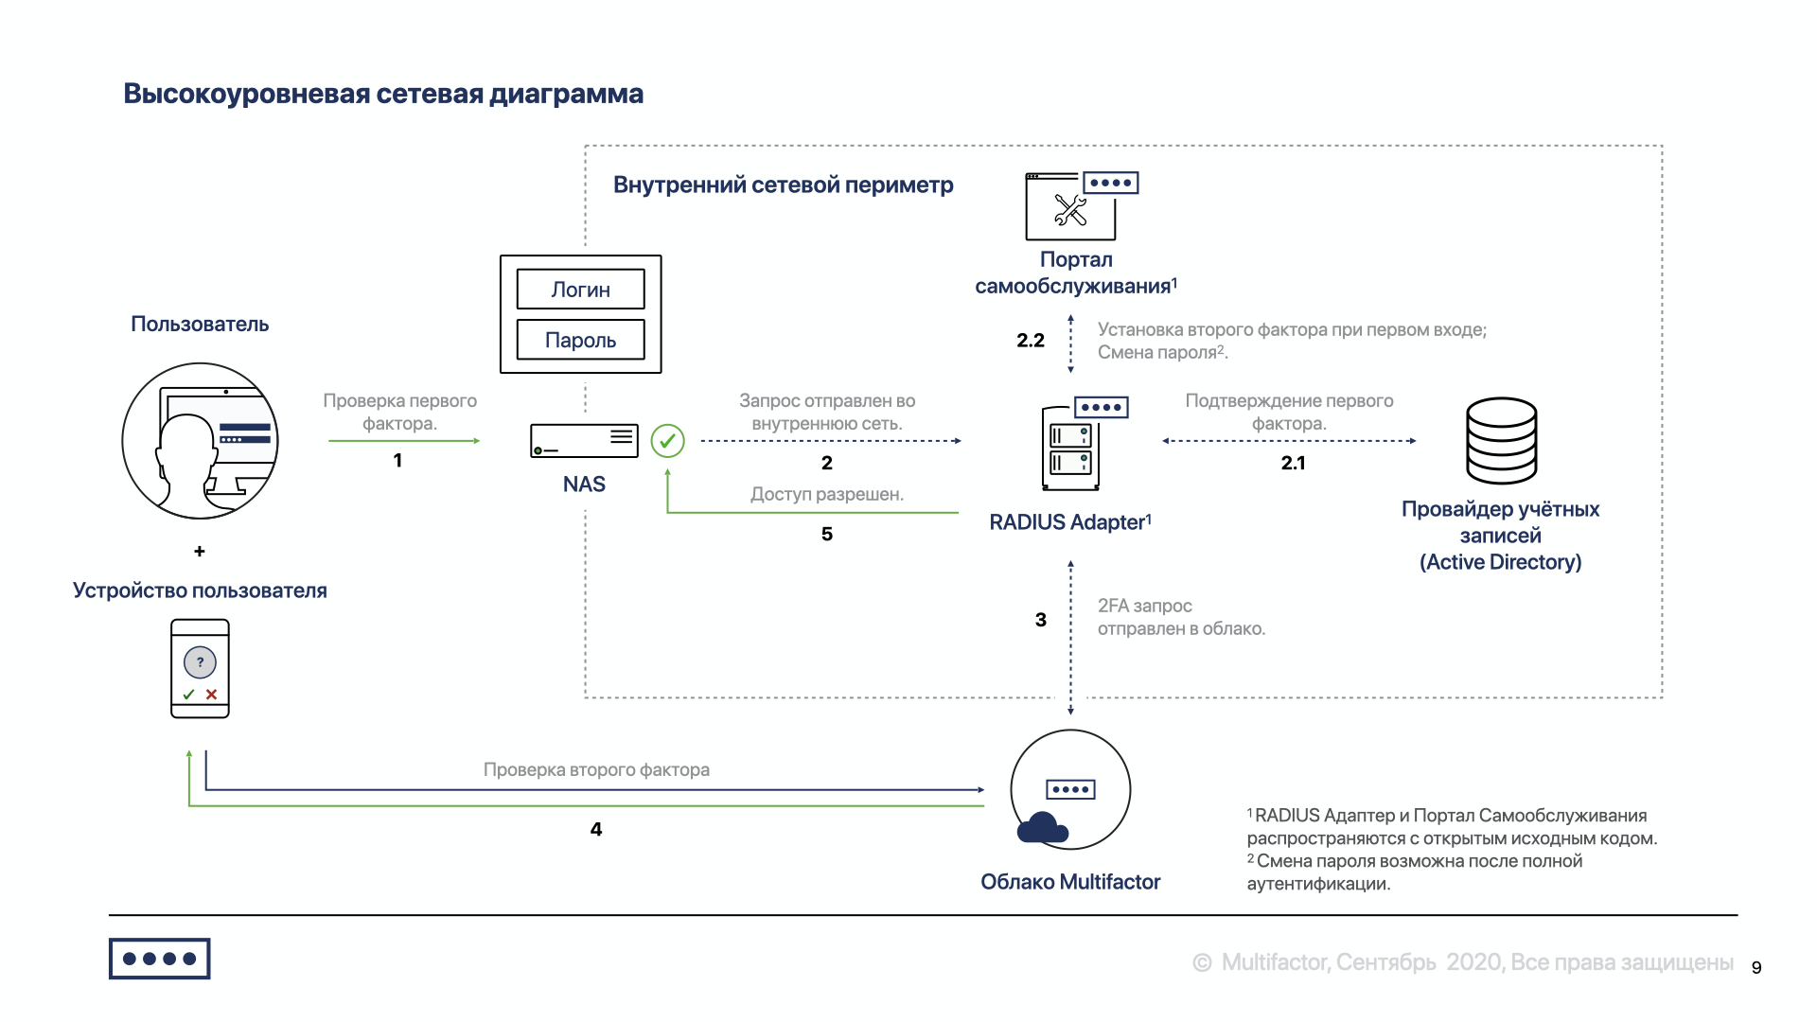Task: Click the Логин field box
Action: click(x=580, y=290)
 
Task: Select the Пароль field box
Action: click(x=580, y=340)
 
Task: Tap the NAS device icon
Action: click(x=584, y=441)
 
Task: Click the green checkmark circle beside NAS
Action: click(x=668, y=441)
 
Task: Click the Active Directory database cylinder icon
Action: click(x=1501, y=441)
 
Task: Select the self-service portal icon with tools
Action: click(x=1079, y=206)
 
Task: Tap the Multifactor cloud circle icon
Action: click(x=1070, y=789)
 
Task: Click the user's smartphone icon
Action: click(x=200, y=668)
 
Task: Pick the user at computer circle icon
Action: click(x=200, y=441)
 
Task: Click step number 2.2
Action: click(x=1031, y=341)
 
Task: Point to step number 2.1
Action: click(x=1293, y=463)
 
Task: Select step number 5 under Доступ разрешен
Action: click(x=827, y=534)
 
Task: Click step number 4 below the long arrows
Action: click(x=596, y=829)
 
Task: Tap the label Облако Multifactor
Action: click(x=1070, y=882)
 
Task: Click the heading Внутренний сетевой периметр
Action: click(x=783, y=185)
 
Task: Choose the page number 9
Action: click(x=1756, y=967)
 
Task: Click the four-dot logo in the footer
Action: click(x=159, y=959)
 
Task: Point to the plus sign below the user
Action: click(x=200, y=551)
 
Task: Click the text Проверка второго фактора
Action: click(x=596, y=769)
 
